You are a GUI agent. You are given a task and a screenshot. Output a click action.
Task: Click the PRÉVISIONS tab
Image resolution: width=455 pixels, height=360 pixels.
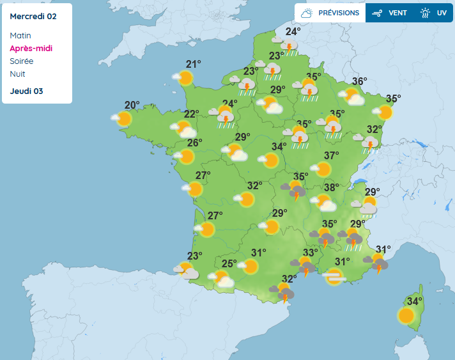pyautogui.click(x=330, y=13)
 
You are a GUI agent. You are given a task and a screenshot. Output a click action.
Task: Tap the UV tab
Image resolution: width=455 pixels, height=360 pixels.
pyautogui.click(x=435, y=13)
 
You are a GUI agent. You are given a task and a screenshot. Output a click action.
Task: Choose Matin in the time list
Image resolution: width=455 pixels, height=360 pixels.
pyautogui.click(x=20, y=36)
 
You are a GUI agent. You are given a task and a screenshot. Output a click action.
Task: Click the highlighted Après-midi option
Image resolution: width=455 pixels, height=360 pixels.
pyautogui.click(x=31, y=49)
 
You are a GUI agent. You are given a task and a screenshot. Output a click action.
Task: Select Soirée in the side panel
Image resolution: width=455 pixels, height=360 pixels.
pyautogui.click(x=22, y=61)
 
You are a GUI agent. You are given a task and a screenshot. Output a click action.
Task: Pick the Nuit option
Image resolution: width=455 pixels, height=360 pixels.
pyautogui.click(x=17, y=74)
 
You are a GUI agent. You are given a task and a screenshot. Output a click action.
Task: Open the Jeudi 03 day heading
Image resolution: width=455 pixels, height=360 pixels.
pyautogui.click(x=26, y=91)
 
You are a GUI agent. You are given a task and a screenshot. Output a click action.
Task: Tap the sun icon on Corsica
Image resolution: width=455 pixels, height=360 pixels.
pyautogui.click(x=406, y=315)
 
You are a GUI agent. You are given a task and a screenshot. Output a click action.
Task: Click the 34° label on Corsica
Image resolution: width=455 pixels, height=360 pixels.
pyautogui.click(x=415, y=301)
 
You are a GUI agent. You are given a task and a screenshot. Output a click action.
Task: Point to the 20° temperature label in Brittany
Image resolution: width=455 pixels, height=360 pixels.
pyautogui.click(x=132, y=106)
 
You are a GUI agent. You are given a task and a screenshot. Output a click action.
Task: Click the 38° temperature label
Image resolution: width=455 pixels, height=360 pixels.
pyautogui.click(x=331, y=187)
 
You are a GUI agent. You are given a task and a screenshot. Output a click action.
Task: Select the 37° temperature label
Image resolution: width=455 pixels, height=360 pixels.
pyautogui.click(x=331, y=155)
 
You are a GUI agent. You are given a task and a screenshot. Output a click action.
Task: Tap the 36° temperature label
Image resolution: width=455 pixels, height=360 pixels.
pyautogui.click(x=359, y=81)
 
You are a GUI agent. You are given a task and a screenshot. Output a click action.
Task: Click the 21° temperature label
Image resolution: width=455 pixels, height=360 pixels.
pyautogui.click(x=193, y=63)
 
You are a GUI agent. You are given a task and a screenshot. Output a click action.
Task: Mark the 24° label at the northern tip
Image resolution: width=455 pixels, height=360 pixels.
pyautogui.click(x=293, y=32)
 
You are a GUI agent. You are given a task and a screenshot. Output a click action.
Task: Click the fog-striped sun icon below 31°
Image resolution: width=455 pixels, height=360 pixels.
pyautogui.click(x=334, y=277)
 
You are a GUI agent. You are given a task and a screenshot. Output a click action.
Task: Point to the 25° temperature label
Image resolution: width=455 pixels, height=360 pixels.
pyautogui.click(x=229, y=263)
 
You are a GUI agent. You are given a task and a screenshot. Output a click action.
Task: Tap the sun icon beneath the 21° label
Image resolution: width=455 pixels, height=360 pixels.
pyautogui.click(x=185, y=78)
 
